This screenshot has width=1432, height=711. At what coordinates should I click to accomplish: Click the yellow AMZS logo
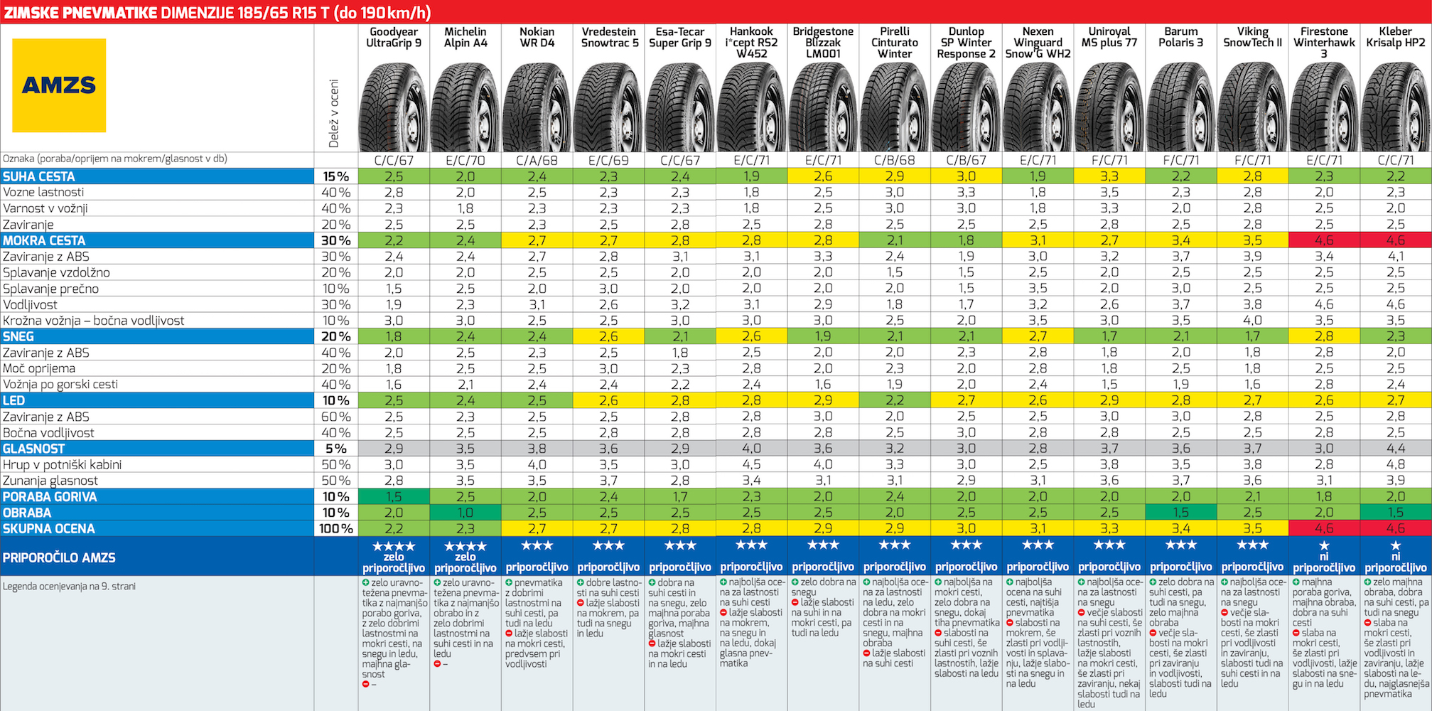59,85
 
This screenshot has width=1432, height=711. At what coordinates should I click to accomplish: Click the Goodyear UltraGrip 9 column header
394,38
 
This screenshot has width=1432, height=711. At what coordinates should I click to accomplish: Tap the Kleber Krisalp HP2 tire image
1395,107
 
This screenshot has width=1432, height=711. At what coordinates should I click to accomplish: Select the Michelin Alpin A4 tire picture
465,107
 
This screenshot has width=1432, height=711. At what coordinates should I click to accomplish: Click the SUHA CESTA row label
39,176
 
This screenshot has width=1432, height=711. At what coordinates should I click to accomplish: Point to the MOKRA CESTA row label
44,240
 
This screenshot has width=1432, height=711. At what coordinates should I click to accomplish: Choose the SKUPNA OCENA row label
48,528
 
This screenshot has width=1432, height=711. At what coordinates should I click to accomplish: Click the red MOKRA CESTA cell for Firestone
1323,240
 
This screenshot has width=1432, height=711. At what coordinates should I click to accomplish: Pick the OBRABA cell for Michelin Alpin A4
465,513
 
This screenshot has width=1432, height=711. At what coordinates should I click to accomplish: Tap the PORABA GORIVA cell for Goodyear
394,496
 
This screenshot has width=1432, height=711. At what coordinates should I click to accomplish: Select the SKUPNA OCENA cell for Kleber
1395,528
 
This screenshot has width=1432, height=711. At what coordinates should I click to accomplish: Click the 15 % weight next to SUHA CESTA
336,176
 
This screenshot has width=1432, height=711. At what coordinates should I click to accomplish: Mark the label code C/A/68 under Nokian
537,161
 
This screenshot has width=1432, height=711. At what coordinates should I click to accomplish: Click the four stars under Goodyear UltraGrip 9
394,546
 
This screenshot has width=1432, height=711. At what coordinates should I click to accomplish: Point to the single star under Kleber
1395,546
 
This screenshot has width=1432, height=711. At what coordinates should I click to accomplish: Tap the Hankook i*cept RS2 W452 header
751,42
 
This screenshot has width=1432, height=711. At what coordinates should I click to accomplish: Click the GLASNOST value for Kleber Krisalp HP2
1395,449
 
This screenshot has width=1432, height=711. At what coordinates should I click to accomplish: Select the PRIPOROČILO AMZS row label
59,557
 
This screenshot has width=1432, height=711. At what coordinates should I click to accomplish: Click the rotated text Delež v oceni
334,114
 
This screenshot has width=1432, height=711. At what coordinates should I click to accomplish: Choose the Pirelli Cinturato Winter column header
895,42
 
